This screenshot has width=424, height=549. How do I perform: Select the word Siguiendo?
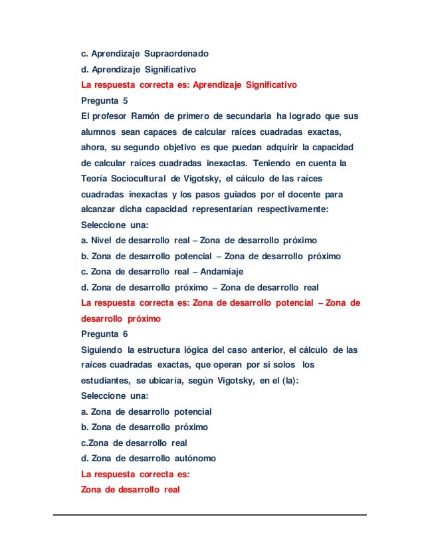point(102,350)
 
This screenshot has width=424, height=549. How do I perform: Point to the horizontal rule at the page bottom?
point(211,514)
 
